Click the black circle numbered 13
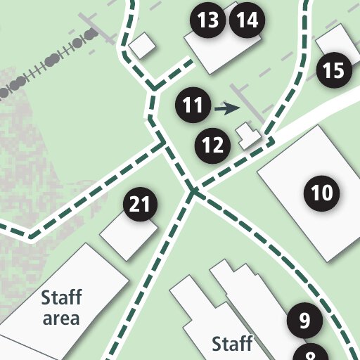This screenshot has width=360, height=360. click(x=208, y=21)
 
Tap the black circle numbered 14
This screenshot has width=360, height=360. click(x=247, y=21)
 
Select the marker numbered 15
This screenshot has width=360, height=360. click(x=334, y=70)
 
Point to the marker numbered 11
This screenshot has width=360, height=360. click(x=193, y=106)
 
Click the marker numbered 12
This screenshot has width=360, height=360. click(x=212, y=146)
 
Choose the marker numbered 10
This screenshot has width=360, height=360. click(x=321, y=192)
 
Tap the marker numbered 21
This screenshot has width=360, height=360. click(x=141, y=205)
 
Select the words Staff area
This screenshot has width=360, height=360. click(x=61, y=307)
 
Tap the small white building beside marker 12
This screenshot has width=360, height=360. click(x=247, y=135)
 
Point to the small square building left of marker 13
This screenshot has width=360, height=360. click(x=143, y=46)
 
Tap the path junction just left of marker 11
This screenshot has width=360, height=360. click(x=153, y=89)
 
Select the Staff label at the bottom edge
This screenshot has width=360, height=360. click(x=232, y=345)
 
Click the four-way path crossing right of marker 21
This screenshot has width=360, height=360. click(x=192, y=190)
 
